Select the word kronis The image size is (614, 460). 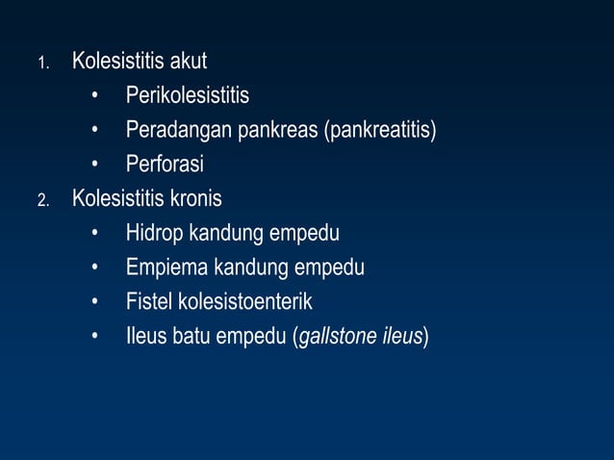pos(196,199)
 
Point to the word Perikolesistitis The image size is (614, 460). pos(187,96)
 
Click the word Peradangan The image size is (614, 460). pos(170,131)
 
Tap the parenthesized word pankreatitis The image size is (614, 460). pos(382,131)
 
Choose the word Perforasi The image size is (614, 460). pos(165,165)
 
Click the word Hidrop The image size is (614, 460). pos(154,234)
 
